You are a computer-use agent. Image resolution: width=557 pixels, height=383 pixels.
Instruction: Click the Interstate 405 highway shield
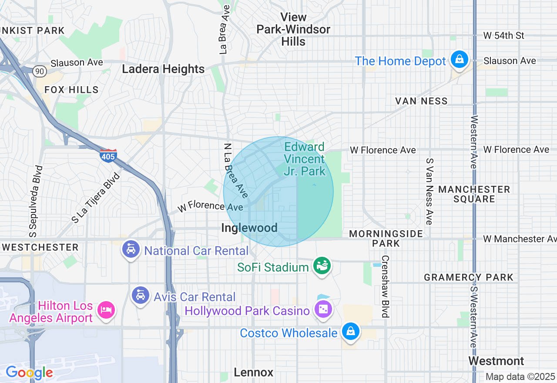point(108,155)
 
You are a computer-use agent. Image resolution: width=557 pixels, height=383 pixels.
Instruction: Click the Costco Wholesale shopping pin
point(350,332)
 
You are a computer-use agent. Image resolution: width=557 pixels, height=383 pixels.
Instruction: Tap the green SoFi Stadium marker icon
point(322,265)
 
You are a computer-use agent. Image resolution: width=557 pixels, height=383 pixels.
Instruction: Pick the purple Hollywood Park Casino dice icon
point(323,309)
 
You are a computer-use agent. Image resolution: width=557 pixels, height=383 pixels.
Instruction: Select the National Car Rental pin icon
point(131,249)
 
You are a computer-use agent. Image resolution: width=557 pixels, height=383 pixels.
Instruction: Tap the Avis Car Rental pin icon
point(140,296)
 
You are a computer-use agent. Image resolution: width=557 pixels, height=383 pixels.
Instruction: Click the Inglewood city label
point(249,228)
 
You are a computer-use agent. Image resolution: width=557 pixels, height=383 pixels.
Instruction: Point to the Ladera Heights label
point(163,69)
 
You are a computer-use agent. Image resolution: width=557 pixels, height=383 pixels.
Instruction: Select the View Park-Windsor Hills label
point(293,29)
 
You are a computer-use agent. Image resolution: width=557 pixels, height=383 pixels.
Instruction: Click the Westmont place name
point(496,361)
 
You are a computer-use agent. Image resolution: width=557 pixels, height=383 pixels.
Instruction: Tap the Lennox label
point(253,373)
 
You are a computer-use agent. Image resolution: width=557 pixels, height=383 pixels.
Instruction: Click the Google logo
point(29,373)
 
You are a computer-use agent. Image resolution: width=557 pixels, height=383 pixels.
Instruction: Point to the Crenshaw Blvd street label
point(385,286)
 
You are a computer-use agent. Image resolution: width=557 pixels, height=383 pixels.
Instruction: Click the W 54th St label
point(504,36)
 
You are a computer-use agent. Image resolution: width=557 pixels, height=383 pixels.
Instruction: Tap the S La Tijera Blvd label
point(95,198)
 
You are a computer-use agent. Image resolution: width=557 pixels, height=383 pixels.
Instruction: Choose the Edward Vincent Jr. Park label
point(305,159)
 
